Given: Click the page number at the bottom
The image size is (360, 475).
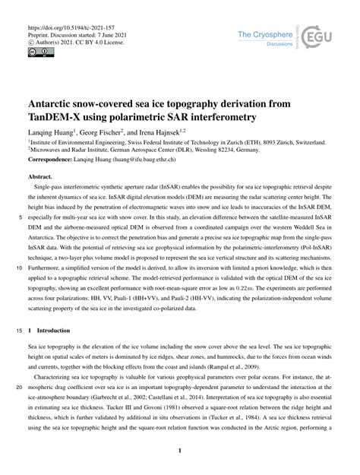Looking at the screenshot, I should (x=179, y=451).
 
